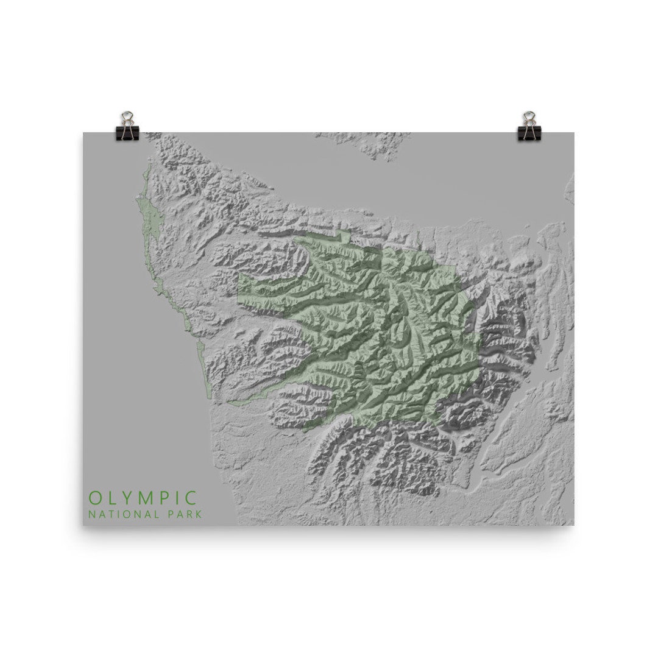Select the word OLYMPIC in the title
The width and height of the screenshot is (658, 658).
click(143, 497)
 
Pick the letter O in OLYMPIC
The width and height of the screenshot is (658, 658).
click(94, 497)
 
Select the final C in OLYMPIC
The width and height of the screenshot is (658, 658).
click(191, 497)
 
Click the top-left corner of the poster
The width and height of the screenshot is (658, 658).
click(83, 133)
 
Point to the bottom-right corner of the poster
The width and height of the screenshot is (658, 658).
click(573, 525)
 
